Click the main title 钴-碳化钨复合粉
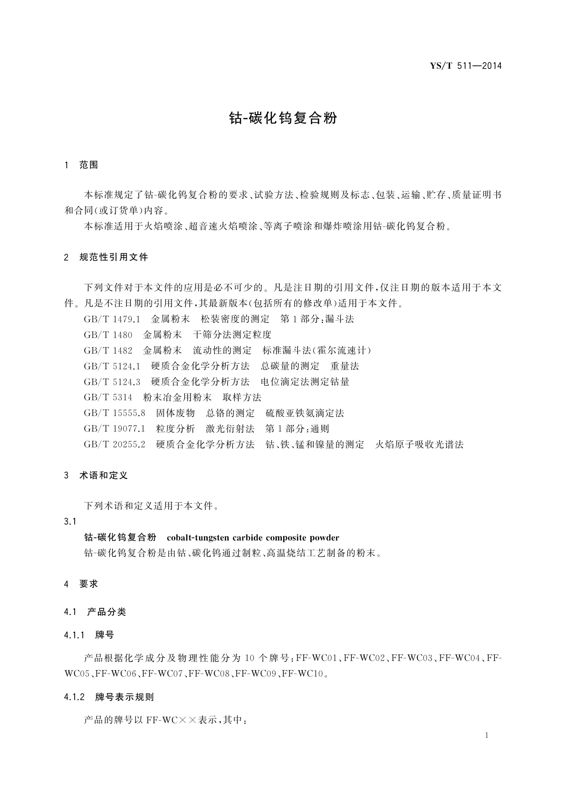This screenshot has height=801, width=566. pos(283,118)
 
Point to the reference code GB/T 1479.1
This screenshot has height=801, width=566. pos(112,319)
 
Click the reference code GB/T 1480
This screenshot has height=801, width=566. pos(108,335)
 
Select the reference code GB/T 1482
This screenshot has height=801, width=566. pos(108,351)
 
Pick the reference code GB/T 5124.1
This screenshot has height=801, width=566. pos(112,366)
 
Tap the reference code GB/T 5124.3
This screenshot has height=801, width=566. pos(112,382)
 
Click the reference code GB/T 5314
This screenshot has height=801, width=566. pos(108,398)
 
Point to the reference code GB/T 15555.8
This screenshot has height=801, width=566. pos(115,413)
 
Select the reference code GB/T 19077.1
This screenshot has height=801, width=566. pos(115,429)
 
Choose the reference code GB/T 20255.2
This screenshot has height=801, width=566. pos(115,445)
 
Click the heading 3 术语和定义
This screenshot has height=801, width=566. pos(96,475)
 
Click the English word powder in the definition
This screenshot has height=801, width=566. pos(324,538)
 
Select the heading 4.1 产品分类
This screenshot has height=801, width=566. pos(95,612)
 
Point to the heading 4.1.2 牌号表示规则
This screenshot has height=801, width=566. pos(109,697)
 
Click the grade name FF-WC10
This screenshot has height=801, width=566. pos(302,674)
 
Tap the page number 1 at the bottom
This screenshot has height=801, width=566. pos(487,735)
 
